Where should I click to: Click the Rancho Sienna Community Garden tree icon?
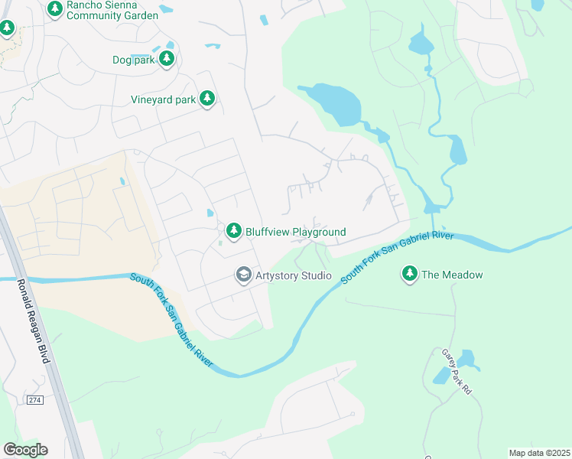[x=55, y=9]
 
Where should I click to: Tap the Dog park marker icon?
[x=167, y=60]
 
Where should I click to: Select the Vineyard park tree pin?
[x=206, y=99]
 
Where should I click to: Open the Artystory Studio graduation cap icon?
[x=243, y=275]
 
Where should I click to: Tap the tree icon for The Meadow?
[x=410, y=274]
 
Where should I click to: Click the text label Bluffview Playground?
[x=295, y=232]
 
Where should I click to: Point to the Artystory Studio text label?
[x=294, y=275]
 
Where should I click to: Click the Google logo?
[x=25, y=449]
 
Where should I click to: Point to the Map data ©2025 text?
[x=539, y=453]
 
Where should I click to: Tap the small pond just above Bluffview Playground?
[x=209, y=213]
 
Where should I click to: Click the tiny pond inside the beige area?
[x=122, y=181]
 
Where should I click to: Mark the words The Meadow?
[x=452, y=275]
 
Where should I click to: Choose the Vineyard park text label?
[x=162, y=99]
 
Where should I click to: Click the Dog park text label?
[x=133, y=60]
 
